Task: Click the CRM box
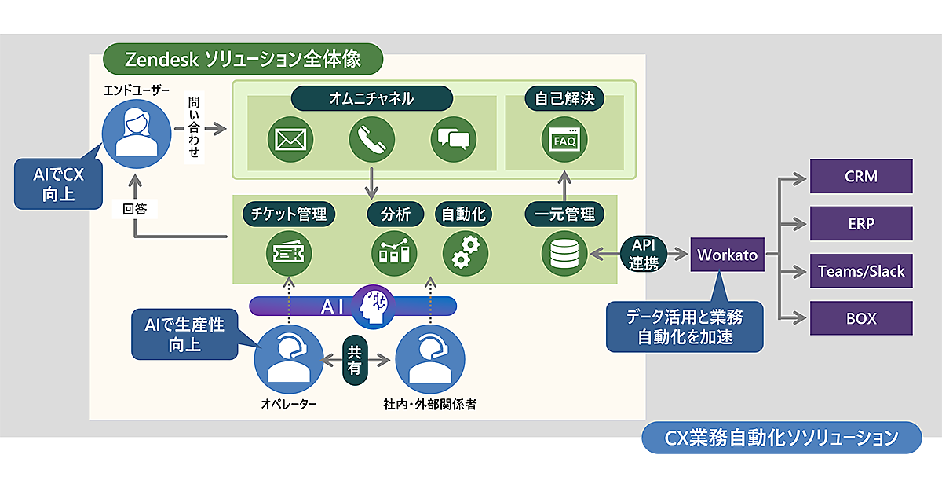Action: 860,176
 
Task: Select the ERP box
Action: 860,224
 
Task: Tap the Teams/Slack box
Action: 860,271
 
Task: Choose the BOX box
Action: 860,319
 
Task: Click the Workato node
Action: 727,255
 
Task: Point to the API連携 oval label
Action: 643,255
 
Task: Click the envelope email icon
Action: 290,140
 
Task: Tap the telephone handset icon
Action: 371,140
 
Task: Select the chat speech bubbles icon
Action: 454,140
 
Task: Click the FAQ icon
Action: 564,140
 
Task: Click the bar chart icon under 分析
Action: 394,251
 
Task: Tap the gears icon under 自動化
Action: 465,251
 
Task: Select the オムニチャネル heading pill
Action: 372,98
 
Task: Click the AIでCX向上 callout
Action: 59,185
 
